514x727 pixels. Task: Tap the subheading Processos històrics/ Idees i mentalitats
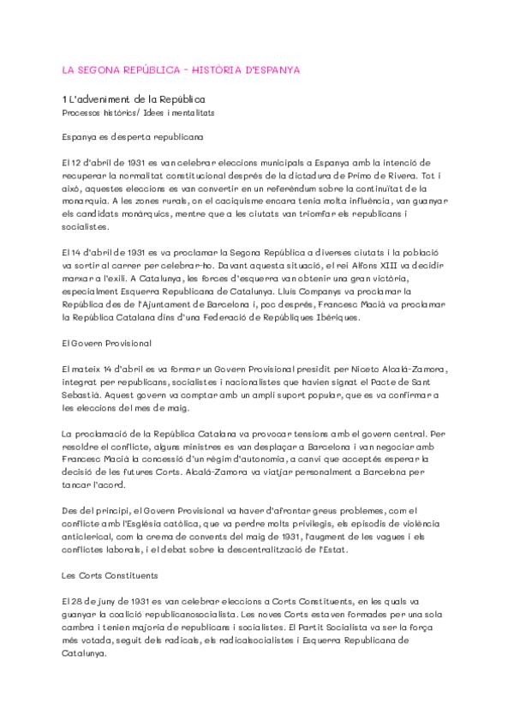point(138,112)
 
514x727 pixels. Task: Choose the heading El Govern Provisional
point(106,343)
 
